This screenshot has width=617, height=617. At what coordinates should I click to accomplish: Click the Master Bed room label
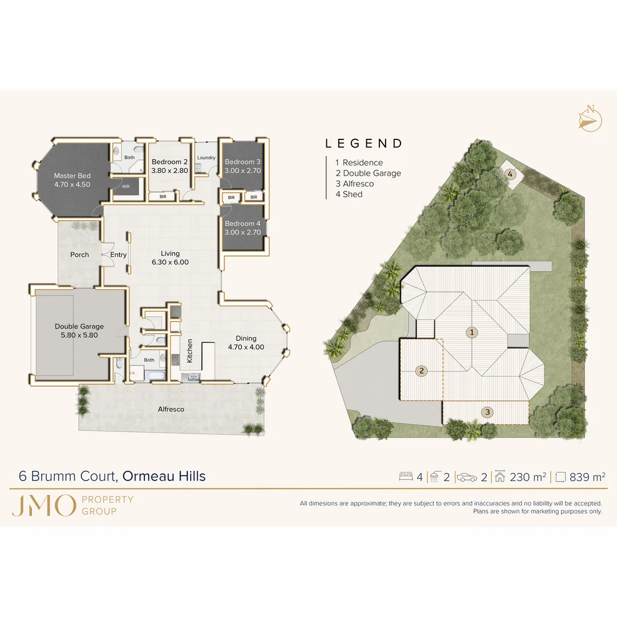(x=72, y=176)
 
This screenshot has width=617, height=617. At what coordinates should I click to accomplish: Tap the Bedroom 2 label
(x=170, y=162)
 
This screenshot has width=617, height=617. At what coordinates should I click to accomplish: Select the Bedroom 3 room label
(x=242, y=162)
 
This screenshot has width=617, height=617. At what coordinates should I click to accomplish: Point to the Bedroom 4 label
(x=242, y=223)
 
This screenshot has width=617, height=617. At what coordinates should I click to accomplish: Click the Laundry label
(x=206, y=158)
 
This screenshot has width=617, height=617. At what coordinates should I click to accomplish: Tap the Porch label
(x=79, y=255)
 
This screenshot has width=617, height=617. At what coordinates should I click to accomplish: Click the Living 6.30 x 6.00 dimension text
(x=170, y=262)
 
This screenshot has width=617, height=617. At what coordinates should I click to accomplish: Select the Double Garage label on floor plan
(x=79, y=327)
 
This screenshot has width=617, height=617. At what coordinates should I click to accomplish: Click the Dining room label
(x=246, y=338)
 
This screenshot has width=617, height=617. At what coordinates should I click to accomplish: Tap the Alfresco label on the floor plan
(x=171, y=410)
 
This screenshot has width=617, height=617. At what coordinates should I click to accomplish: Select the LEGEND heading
(x=364, y=144)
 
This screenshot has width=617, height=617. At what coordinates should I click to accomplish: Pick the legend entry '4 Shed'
(x=349, y=194)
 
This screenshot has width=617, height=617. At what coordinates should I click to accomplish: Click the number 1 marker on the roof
(x=472, y=332)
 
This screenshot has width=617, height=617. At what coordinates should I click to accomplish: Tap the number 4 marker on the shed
(x=510, y=174)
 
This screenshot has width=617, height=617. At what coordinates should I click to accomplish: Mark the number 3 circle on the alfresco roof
(x=487, y=411)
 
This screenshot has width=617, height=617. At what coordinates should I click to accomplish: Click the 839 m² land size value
(x=587, y=477)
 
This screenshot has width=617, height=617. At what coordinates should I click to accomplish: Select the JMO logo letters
(x=43, y=505)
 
